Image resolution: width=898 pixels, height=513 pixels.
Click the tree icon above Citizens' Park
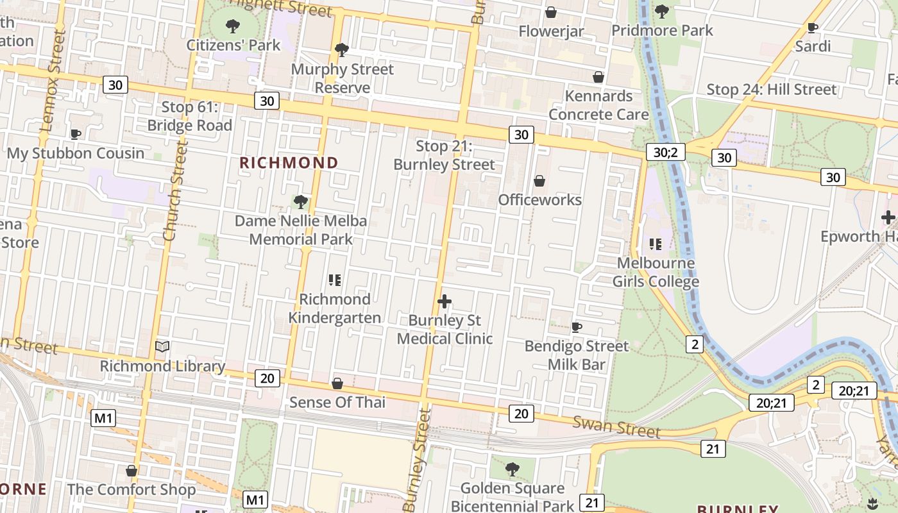233,26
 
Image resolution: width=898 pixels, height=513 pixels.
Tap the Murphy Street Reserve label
343,78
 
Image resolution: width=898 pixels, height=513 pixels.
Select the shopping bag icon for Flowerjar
550,12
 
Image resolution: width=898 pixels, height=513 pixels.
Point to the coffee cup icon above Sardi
812,28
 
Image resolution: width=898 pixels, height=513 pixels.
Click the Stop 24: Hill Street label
771,89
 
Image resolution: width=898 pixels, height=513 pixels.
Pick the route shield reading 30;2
665,152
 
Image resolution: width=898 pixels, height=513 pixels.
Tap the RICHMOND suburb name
289,163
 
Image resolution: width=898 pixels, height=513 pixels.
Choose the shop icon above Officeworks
539,181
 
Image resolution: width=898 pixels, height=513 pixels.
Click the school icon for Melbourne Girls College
655,244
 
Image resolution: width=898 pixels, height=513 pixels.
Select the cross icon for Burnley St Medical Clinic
444,301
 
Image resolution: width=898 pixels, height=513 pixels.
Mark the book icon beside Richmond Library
162,347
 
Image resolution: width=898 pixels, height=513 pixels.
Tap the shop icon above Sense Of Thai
337,383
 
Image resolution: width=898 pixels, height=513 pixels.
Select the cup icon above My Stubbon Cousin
76,134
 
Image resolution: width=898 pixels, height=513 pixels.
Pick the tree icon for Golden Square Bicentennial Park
512,469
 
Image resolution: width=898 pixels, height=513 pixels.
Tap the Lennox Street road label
53,80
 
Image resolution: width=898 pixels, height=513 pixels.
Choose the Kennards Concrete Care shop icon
598,77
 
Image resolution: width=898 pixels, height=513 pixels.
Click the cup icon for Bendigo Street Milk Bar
576,328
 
